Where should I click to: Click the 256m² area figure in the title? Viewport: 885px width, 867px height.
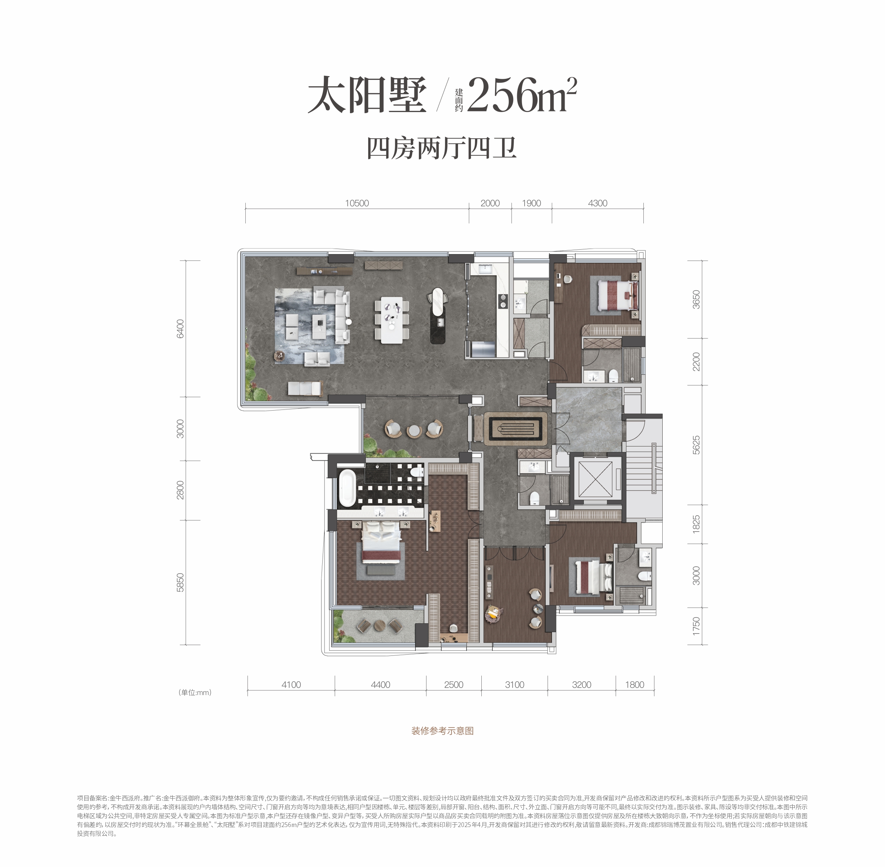[522, 95]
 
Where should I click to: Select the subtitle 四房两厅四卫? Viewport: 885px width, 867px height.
[442, 148]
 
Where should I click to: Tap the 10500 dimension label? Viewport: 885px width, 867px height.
[357, 203]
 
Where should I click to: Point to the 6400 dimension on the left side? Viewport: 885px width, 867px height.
[181, 328]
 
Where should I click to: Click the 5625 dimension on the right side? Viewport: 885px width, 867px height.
[696, 445]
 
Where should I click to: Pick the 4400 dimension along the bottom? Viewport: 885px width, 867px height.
[380, 684]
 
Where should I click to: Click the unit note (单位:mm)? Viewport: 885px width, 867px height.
[195, 692]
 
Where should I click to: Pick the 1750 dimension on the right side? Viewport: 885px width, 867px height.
[696, 626]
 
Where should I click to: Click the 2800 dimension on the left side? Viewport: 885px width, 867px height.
[181, 490]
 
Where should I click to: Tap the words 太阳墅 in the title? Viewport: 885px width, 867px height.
[367, 95]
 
